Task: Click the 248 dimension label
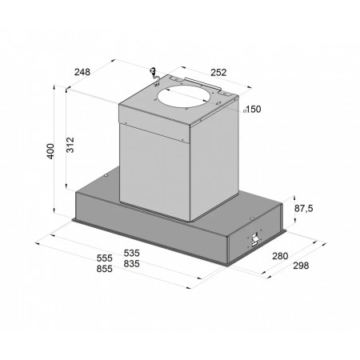[82, 72]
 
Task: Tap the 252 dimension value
[218, 73]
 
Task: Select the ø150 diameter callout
[252, 109]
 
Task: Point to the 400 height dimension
[50, 151]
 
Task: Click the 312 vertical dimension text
[70, 145]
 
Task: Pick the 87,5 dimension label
[304, 208]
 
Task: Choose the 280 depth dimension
[280, 256]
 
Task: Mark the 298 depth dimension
[301, 266]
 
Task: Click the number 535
[131, 253]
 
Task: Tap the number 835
[131, 264]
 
